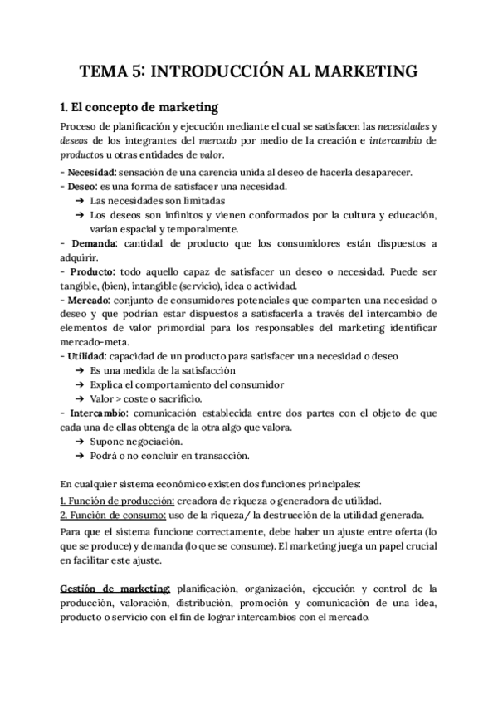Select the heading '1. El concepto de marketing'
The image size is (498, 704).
click(139, 107)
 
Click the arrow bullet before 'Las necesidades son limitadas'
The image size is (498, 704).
click(79, 201)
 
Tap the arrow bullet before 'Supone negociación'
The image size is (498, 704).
click(79, 441)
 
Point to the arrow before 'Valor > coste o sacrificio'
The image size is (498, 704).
click(79, 398)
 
